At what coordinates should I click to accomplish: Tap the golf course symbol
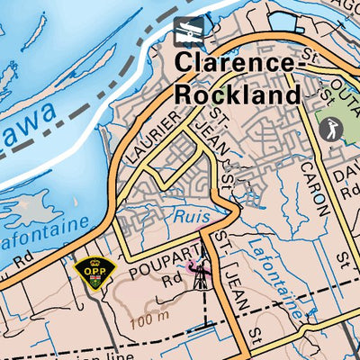pos(330,128)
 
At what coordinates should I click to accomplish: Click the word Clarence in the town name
pos(234,63)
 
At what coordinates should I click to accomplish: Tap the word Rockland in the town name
pos(238,94)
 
